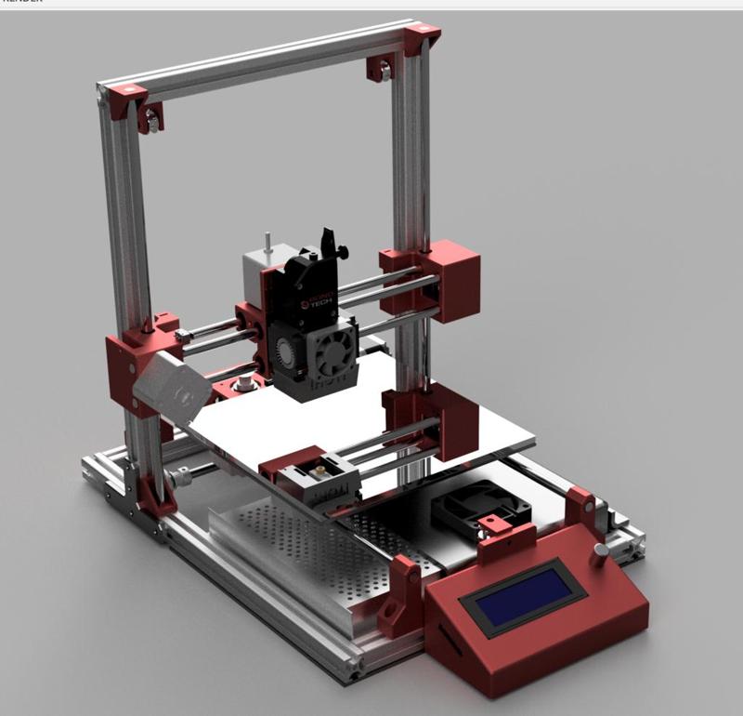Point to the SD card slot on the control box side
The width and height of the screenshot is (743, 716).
tap(444, 641)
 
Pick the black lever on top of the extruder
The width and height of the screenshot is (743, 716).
tap(328, 243)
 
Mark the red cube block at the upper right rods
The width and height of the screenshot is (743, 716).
tap(453, 280)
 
